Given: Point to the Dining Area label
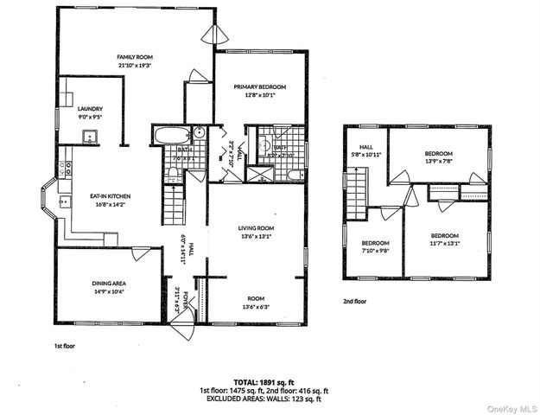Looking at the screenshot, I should tap(108, 283).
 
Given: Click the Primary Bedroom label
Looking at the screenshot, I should tap(260, 87).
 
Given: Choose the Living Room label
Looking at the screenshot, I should tap(256, 229).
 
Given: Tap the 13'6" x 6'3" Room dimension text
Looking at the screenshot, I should tap(256, 307).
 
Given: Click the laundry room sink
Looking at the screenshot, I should tap(87, 136).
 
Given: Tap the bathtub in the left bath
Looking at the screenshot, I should tap(169, 135).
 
